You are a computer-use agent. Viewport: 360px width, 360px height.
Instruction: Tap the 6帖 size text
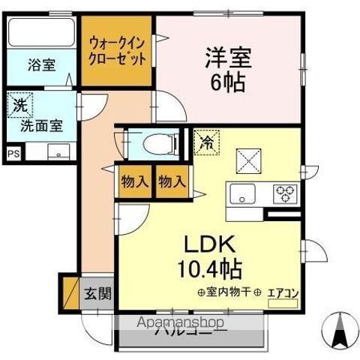click(x=227, y=82)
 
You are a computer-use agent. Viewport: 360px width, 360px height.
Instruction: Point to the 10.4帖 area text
click(x=208, y=268)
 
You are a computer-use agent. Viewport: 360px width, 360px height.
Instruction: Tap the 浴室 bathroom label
click(x=42, y=64)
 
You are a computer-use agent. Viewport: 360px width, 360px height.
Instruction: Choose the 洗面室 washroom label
click(x=41, y=126)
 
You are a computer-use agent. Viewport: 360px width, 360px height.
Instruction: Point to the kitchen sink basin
click(x=244, y=194)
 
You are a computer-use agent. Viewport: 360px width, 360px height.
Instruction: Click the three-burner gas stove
click(x=286, y=193)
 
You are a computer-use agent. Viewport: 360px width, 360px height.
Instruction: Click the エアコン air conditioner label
click(x=282, y=292)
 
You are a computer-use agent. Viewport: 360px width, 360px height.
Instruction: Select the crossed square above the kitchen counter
click(x=248, y=160)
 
